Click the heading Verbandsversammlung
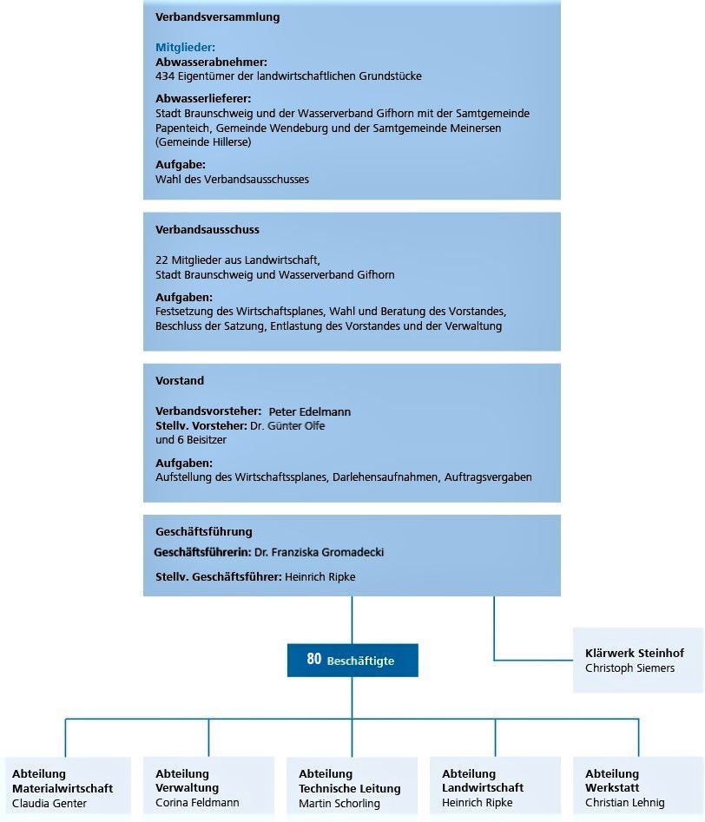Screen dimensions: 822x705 [218, 16]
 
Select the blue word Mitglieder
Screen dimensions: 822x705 [185, 48]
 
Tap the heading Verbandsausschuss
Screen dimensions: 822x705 [208, 230]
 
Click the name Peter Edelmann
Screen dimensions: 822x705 [310, 411]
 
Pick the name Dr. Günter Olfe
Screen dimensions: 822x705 [287, 425]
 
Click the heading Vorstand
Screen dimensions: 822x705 [180, 380]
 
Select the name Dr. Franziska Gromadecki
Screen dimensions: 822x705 [319, 552]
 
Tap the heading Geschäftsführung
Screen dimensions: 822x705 [204, 531]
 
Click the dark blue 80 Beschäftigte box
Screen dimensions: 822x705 [352, 660]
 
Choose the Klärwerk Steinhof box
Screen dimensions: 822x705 [637, 660]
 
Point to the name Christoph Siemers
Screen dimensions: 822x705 [629, 667]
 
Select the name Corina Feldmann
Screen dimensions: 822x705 [197, 803]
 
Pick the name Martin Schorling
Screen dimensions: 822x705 [339, 803]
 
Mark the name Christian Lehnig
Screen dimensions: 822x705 [624, 803]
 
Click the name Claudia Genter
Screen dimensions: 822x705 [49, 803]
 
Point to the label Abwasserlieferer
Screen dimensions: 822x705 [203, 99]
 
